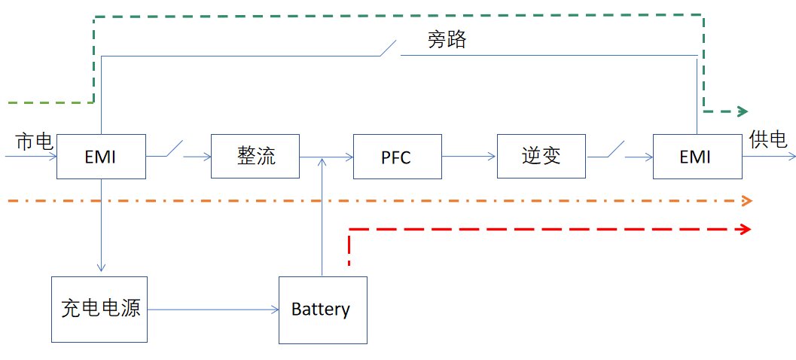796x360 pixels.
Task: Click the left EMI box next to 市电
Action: tap(100, 157)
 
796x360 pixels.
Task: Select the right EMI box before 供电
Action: tap(696, 157)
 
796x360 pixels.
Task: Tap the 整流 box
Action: tap(255, 157)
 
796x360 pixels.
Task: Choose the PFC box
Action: tap(397, 157)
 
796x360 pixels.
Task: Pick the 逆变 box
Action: tap(541, 157)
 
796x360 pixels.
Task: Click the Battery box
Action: tap(322, 310)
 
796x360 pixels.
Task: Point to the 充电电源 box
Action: tap(99, 309)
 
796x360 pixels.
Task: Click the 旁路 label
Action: tap(447, 40)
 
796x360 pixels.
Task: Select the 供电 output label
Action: tap(768, 139)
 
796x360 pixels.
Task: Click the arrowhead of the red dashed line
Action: tap(746, 229)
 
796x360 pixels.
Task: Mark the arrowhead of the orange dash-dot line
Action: tap(747, 201)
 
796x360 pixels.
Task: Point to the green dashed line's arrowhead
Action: tap(741, 111)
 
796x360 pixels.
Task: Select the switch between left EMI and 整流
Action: tap(175, 150)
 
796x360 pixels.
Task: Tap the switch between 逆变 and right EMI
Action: tap(615, 150)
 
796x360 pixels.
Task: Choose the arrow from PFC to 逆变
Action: tap(468, 157)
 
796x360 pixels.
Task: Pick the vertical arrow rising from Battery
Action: tap(322, 218)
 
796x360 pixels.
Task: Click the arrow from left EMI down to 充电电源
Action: tap(101, 226)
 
